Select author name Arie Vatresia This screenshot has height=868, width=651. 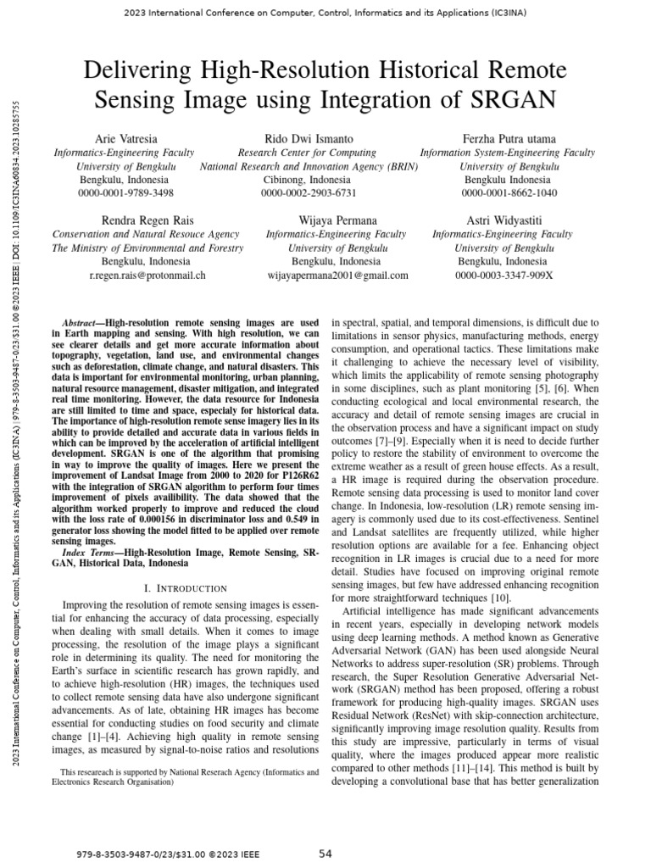124,138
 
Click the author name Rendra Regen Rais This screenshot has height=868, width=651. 147,220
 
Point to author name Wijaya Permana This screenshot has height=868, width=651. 337,220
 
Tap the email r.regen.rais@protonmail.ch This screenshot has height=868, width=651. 148,275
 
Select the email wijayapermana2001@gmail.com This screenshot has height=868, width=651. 337,275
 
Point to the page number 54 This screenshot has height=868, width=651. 325,854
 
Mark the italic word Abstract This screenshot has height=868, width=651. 83,324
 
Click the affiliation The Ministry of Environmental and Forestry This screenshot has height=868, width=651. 148,248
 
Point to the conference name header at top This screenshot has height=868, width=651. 325,13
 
